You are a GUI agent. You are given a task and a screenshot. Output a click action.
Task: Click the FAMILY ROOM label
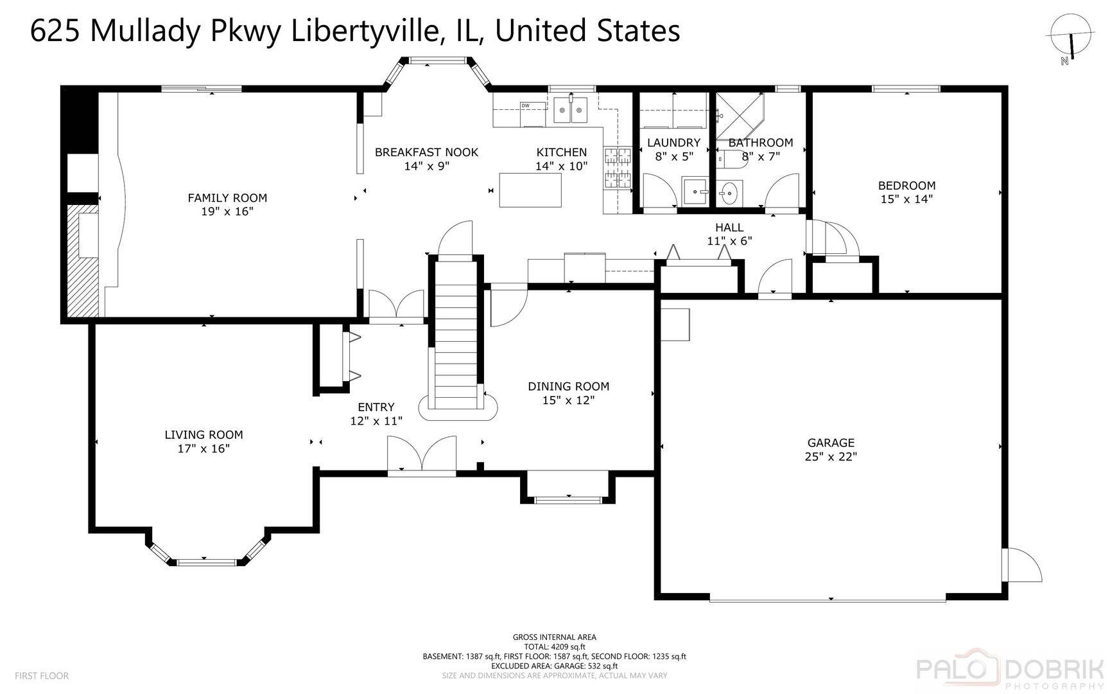coord(227,198)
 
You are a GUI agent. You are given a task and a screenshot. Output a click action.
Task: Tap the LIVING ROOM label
coord(204,435)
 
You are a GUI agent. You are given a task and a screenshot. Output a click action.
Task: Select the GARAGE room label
coord(831,443)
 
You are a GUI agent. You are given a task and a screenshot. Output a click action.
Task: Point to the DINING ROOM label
coord(568,386)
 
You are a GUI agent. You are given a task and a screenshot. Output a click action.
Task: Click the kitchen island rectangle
coord(530,190)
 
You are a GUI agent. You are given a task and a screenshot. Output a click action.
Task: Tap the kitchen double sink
coord(571,110)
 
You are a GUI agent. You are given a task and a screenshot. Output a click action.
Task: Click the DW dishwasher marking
coord(525,105)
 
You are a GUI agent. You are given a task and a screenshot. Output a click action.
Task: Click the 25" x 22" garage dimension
coord(831,457)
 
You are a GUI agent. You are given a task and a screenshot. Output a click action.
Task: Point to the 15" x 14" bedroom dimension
coord(906,199)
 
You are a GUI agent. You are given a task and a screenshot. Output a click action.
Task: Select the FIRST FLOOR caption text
coord(42,676)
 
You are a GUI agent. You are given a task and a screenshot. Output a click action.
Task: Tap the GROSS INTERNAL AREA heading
coord(555,637)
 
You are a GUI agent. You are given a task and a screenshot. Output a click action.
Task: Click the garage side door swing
coord(1023,565)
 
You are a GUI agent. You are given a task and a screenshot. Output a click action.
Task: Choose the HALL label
coord(729,227)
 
